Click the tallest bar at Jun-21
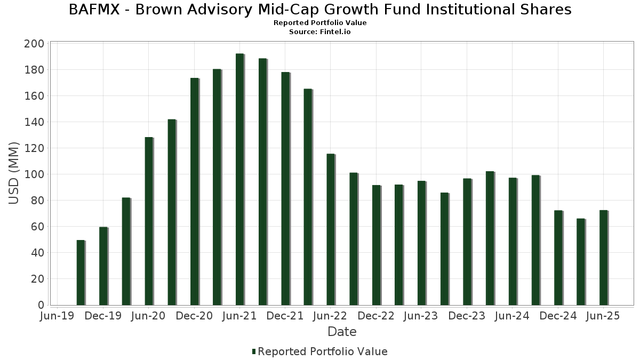[239, 179]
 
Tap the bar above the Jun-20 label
[149, 221]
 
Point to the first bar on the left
[81, 272]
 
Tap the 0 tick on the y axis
[40, 305]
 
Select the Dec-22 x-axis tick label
[376, 316]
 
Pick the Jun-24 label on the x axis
[512, 316]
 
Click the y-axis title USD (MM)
[14, 173]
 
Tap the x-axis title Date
[342, 332]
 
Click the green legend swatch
[254, 351]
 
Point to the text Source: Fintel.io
[320, 32]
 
